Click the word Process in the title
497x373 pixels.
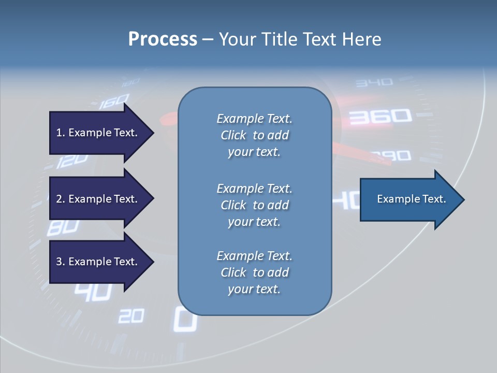[163, 39]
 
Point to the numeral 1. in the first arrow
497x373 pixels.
[60, 133]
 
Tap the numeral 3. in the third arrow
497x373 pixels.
[60, 262]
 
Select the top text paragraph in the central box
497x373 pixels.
[254, 135]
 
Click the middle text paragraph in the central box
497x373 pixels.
[254, 205]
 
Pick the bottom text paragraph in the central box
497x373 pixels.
[254, 272]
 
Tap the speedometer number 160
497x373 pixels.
[114, 101]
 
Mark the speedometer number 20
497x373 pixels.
[130, 315]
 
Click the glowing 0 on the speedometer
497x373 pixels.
[185, 319]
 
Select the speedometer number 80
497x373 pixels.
[63, 227]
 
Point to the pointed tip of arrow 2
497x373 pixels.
[153, 199]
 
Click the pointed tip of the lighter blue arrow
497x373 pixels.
[463, 199]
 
